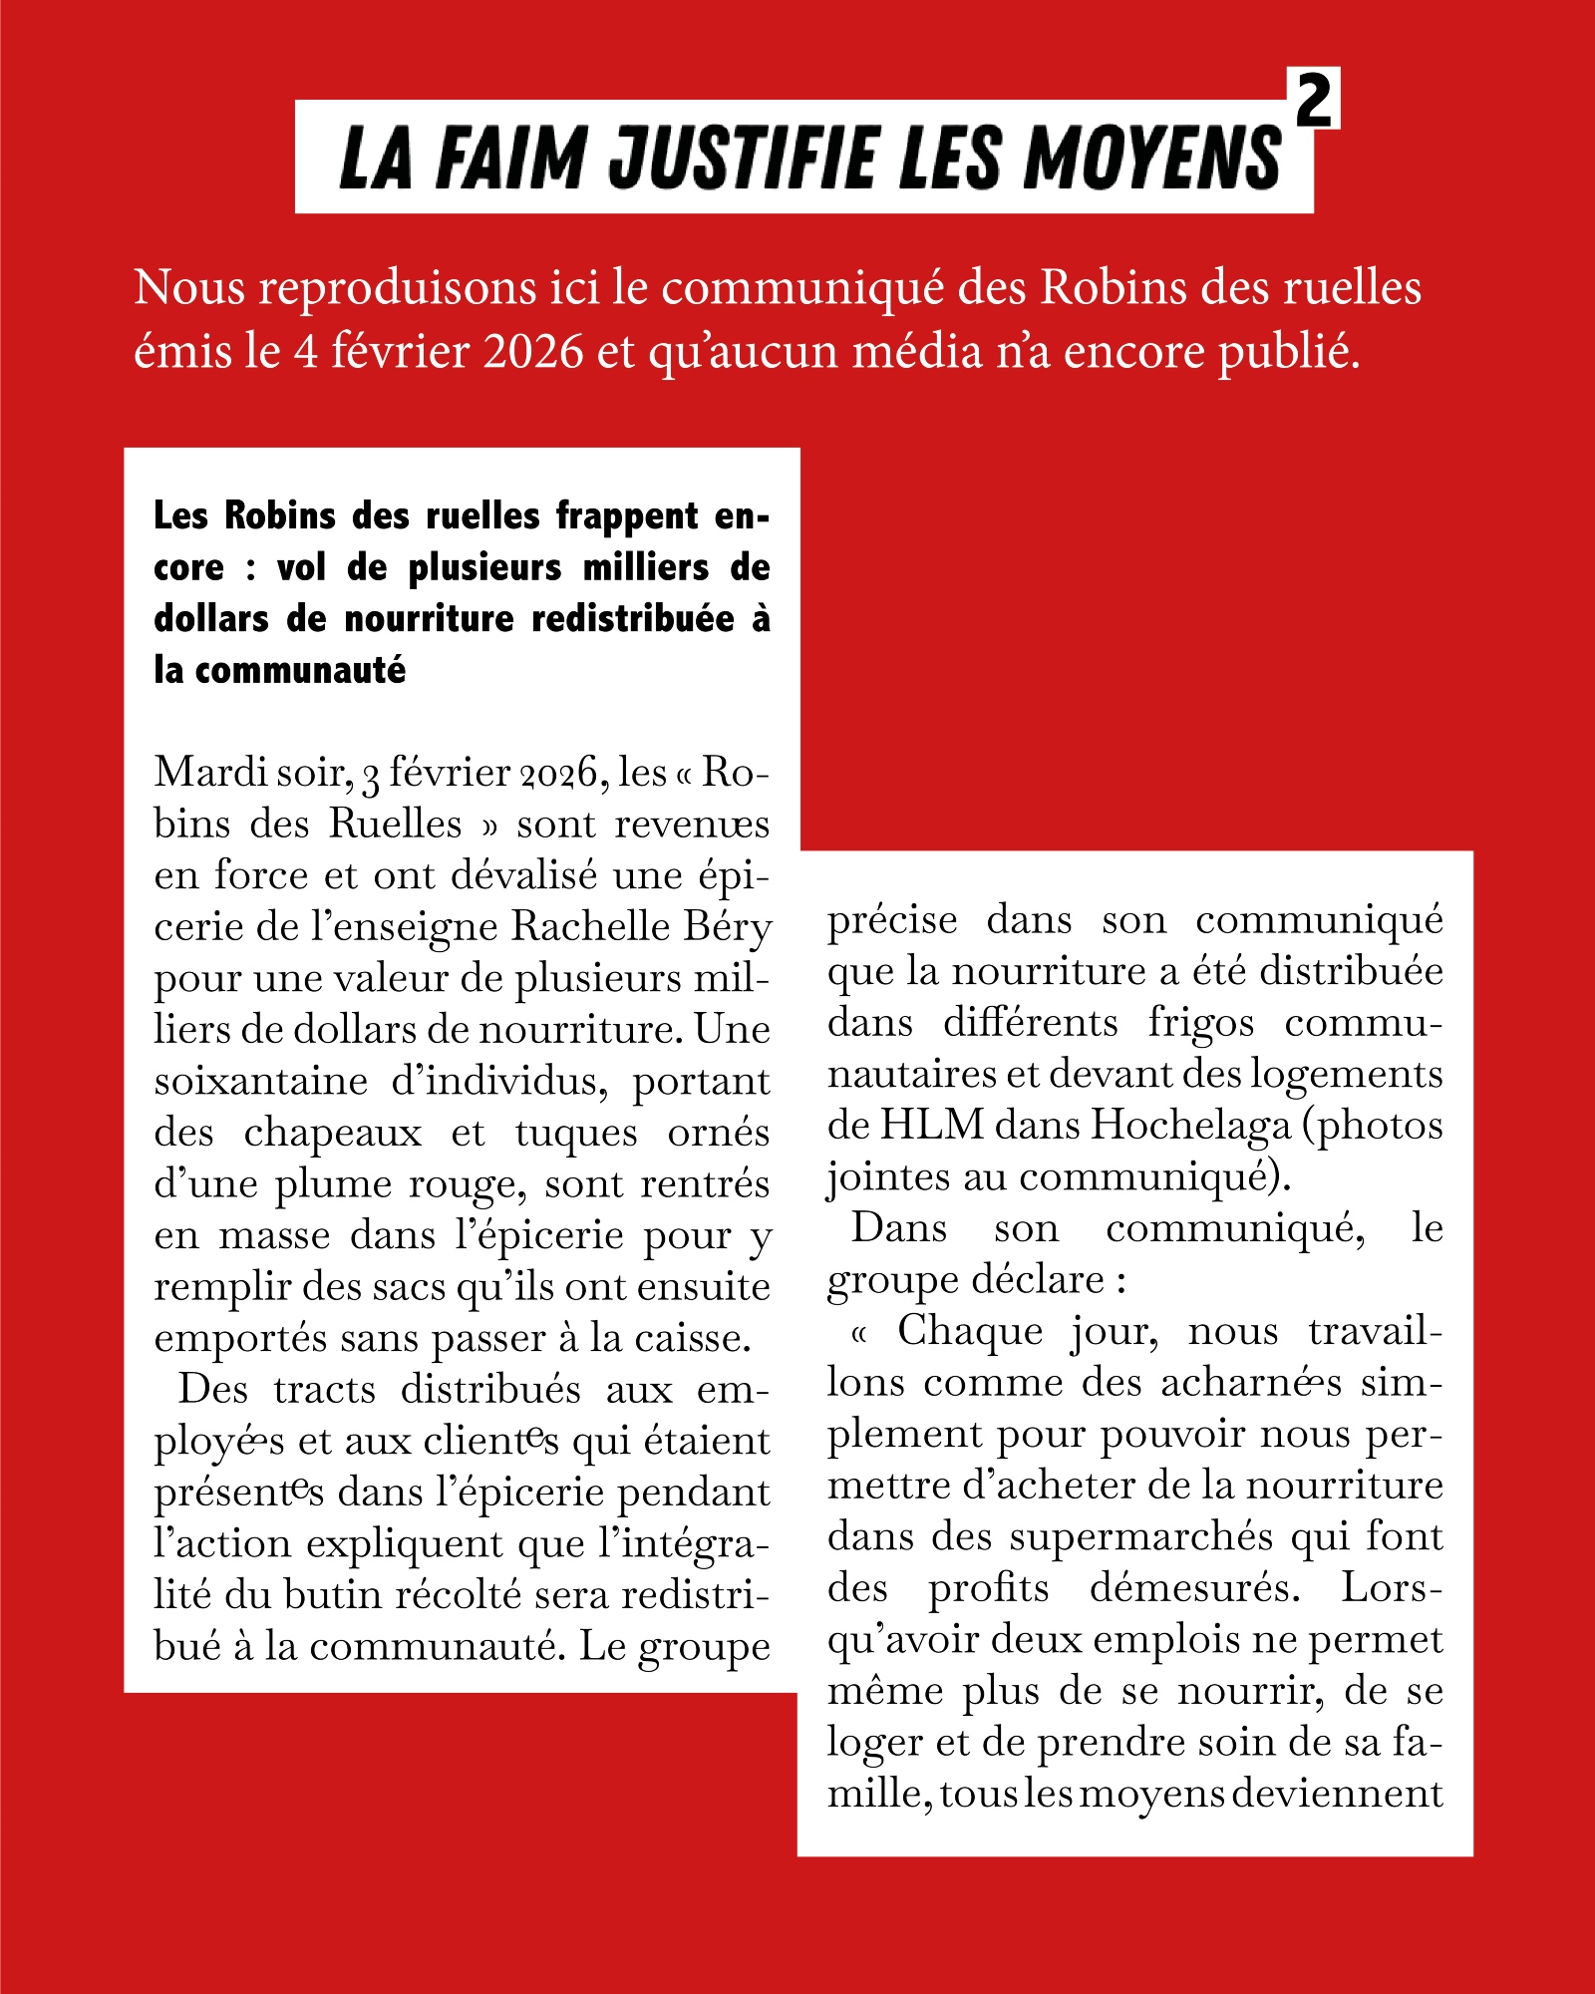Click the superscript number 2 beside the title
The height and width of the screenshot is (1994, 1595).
click(x=1314, y=100)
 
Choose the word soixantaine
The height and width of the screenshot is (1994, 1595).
click(x=261, y=1081)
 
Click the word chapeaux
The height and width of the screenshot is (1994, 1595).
click(x=333, y=1134)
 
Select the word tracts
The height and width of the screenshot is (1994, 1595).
click(x=325, y=1390)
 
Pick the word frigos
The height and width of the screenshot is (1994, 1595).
click(x=1201, y=1024)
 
